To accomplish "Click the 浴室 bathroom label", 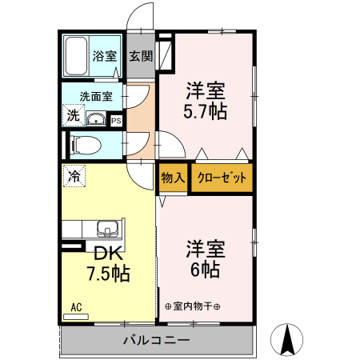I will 104,57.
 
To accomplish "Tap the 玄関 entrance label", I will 141,57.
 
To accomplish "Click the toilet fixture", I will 82,146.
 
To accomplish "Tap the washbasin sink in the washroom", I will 96,120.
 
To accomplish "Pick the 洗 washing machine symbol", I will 73,115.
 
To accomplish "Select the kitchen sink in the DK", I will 106,229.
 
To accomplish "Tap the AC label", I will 76,306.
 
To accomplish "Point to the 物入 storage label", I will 173,178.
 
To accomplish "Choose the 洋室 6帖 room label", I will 206,258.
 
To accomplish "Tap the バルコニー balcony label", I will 156,340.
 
